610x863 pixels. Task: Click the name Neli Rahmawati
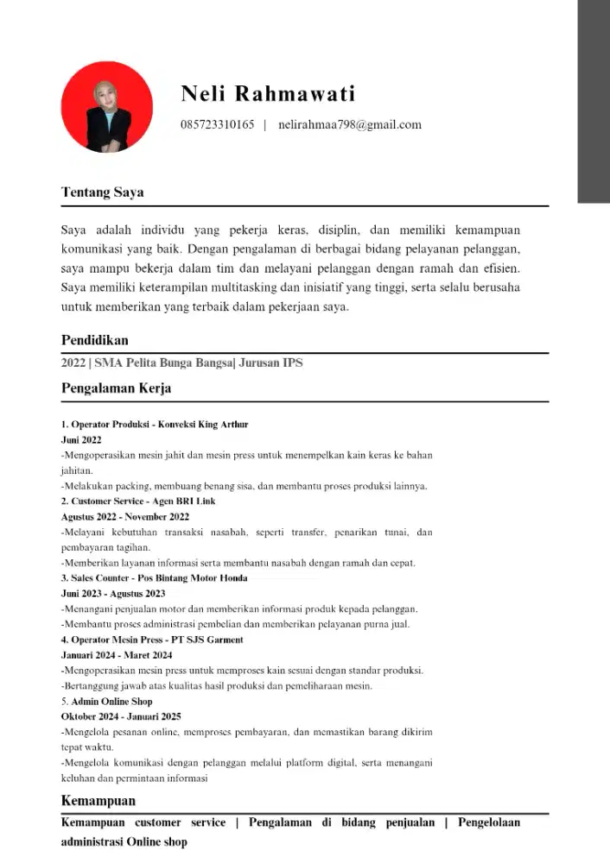tap(268, 93)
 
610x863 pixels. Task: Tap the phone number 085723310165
tap(217, 124)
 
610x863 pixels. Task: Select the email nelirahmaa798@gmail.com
tap(350, 124)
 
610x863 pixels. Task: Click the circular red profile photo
tap(106, 107)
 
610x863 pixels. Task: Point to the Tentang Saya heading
tap(102, 192)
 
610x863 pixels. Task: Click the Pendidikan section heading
tap(94, 340)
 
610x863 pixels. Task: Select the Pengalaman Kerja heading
tap(116, 388)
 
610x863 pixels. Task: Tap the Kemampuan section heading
tap(98, 801)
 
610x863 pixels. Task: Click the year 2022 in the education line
tap(73, 363)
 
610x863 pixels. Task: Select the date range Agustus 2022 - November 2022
tap(124, 517)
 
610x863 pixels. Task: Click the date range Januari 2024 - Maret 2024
tap(116, 655)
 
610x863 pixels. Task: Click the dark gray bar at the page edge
tap(594, 102)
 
